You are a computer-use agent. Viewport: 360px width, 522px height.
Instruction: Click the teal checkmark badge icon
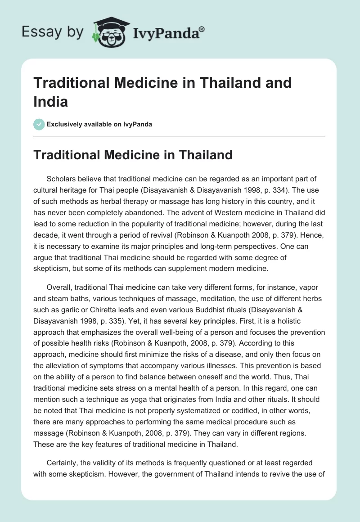(39, 124)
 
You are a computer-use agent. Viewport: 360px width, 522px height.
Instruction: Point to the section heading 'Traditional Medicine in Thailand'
(133, 155)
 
